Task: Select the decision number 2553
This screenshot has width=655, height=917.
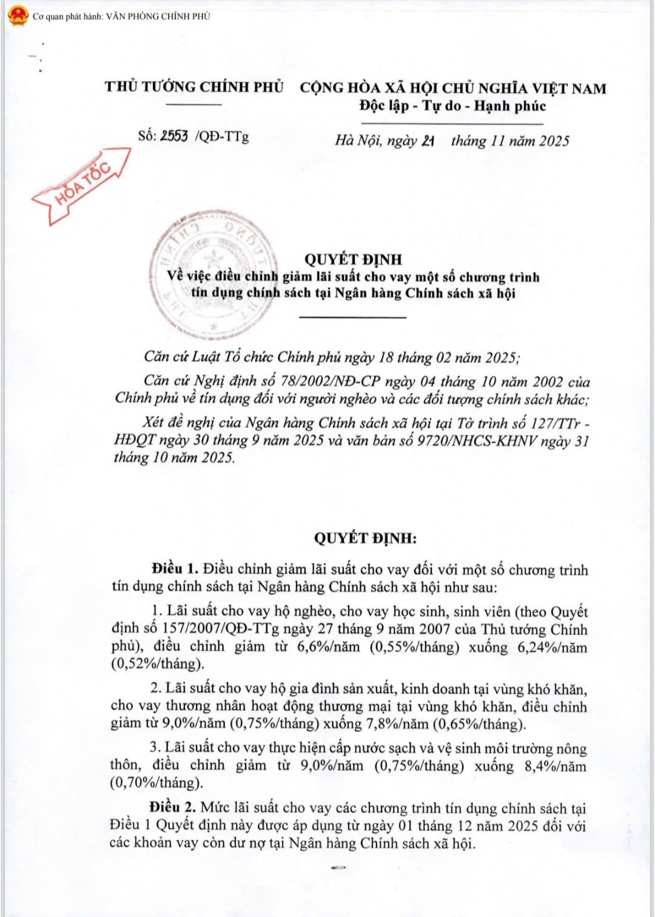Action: pyautogui.click(x=174, y=136)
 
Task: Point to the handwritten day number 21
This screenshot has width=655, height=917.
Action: pyautogui.click(x=428, y=141)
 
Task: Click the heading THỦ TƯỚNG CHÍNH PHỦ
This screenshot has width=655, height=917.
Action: pyautogui.click(x=194, y=87)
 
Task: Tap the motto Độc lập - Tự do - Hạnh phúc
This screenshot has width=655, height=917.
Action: pyautogui.click(x=452, y=106)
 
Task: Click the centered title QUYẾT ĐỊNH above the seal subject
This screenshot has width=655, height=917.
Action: pyautogui.click(x=353, y=260)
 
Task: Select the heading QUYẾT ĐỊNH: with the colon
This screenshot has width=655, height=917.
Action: pyautogui.click(x=365, y=538)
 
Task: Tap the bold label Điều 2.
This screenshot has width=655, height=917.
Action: pyautogui.click(x=173, y=807)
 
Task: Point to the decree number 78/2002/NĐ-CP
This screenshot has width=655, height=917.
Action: pyautogui.click(x=330, y=381)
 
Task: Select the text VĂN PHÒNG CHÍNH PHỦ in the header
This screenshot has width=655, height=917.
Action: pyautogui.click(x=158, y=16)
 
